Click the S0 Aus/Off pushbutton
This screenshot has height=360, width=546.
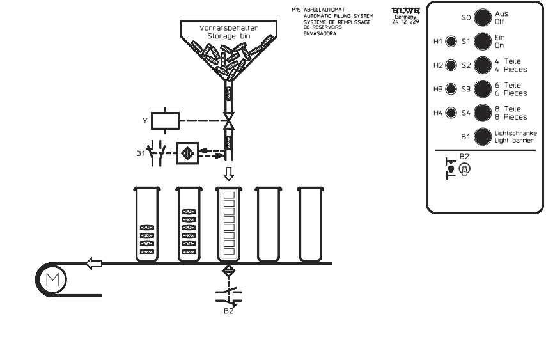pyautogui.click(x=481, y=17)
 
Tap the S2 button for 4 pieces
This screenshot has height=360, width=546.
pyautogui.click(x=481, y=65)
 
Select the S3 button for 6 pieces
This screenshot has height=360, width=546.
pyautogui.click(x=481, y=90)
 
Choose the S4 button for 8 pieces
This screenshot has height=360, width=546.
pyautogui.click(x=481, y=113)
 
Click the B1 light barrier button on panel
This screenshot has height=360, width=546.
pyautogui.click(x=481, y=136)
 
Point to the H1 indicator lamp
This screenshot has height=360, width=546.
pyautogui.click(x=451, y=42)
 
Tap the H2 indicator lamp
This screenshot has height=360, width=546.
pyautogui.click(x=451, y=65)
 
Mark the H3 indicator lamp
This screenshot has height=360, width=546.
pyautogui.click(x=451, y=90)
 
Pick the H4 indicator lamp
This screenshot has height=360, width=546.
pyautogui.click(x=451, y=113)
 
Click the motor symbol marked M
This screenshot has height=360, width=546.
pyautogui.click(x=48, y=279)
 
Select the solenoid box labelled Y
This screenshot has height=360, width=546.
pyautogui.click(x=169, y=120)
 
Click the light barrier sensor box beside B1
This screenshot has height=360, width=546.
pyautogui.click(x=187, y=153)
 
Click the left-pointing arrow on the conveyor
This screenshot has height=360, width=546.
pyautogui.click(x=94, y=263)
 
